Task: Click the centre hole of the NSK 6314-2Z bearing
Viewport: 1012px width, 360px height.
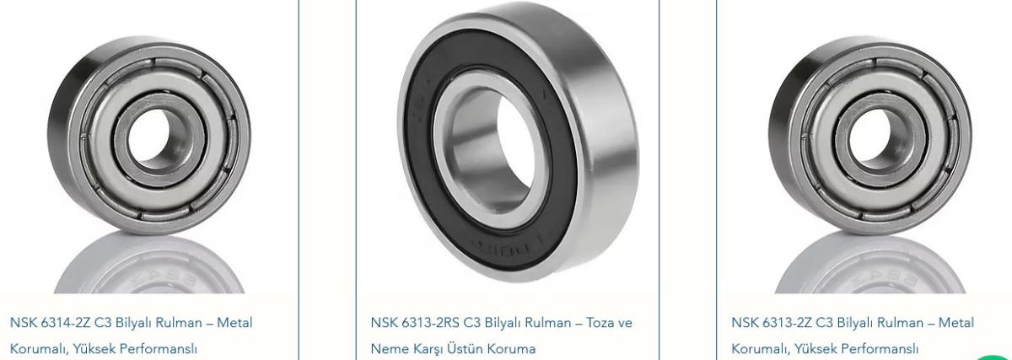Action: tap(149, 135)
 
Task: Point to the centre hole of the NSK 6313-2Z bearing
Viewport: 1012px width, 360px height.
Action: tap(870, 135)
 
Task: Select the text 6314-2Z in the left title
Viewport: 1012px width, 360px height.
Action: tap(66, 323)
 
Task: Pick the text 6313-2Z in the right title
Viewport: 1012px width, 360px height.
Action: tap(787, 323)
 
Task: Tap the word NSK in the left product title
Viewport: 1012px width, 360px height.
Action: tap(23, 323)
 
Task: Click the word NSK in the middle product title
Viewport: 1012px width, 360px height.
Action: tap(384, 323)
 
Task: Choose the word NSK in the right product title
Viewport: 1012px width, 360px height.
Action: tap(745, 323)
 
